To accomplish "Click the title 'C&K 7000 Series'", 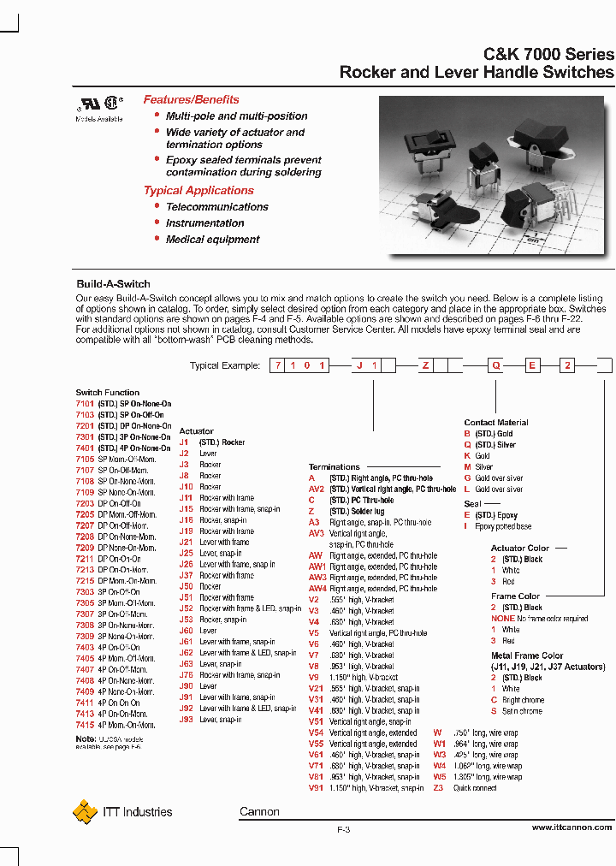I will coord(548,53).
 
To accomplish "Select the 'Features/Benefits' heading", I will coord(191,99).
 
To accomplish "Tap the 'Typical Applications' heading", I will coord(198,190).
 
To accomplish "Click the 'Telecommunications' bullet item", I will coord(216,206).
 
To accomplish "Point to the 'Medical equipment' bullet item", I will coord(212,239).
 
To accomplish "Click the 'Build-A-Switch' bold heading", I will coord(113,283).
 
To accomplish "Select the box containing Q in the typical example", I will coord(495,365).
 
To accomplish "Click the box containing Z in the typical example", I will coord(425,365).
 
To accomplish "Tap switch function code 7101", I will coord(85,403).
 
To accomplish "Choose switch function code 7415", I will coord(85,725).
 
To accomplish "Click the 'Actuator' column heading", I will coord(196,431).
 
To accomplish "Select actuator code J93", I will coord(186,720).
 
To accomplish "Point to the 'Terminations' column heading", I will coord(335,466).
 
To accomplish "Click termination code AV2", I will coord(316,489).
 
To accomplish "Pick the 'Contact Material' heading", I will coord(496,422).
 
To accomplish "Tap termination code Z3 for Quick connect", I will coord(438,788).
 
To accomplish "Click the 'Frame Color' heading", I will coord(515,596).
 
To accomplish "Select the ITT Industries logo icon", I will coord(85,811).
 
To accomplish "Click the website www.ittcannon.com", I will coord(572,827).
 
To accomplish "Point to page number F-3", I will coord(344,829).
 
